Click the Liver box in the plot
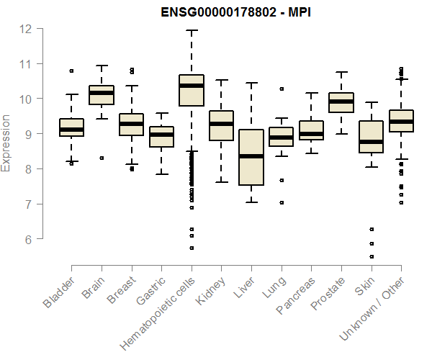pyautogui.click(x=251, y=157)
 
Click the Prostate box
pyautogui.click(x=341, y=102)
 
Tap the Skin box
pyautogui.click(x=371, y=137)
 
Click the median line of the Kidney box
pyautogui.click(x=221, y=124)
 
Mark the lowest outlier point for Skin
pyautogui.click(x=371, y=256)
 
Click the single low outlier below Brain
pyautogui.click(x=102, y=158)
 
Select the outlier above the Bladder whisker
pyautogui.click(x=71, y=71)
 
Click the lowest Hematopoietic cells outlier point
pyautogui.click(x=192, y=248)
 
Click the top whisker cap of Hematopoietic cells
pyautogui.click(x=192, y=31)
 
